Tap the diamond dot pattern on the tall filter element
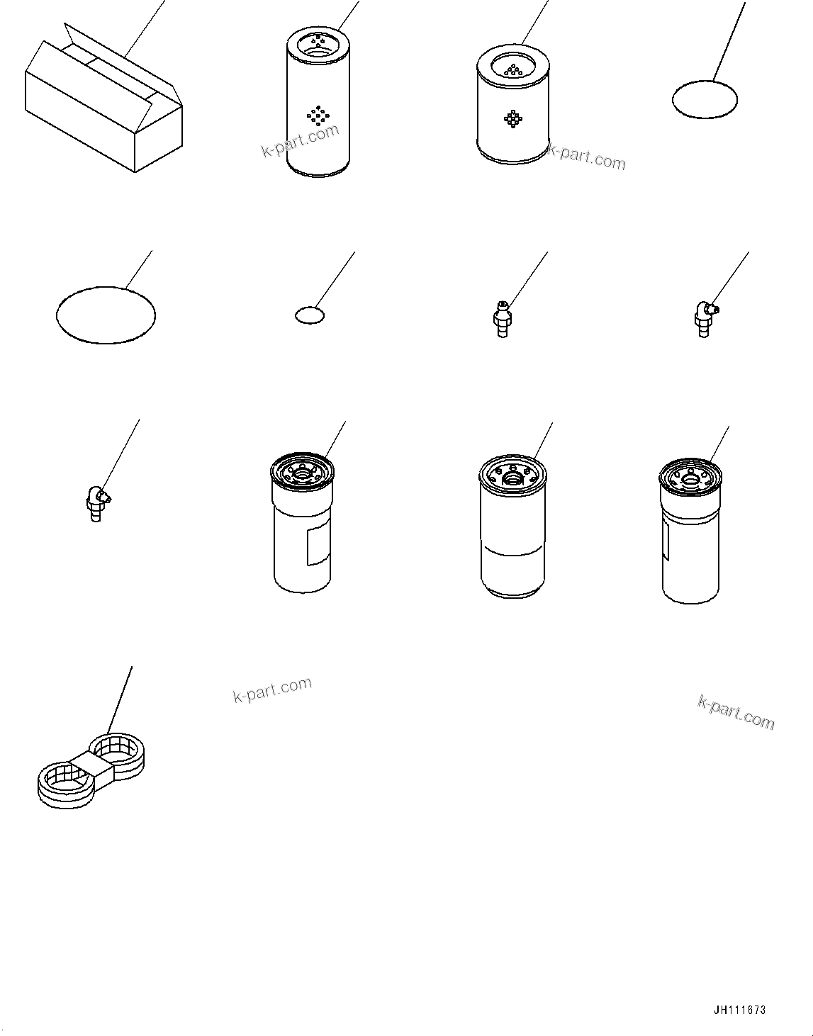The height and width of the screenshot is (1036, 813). [x=318, y=115]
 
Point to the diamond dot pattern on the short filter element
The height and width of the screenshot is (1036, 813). [x=512, y=118]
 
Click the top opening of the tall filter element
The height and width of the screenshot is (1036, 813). [x=318, y=44]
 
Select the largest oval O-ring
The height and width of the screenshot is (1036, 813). [x=106, y=315]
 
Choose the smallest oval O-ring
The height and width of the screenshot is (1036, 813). [x=308, y=315]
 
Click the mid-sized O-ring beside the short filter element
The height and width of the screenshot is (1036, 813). [x=705, y=98]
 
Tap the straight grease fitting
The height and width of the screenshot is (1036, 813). [x=502, y=320]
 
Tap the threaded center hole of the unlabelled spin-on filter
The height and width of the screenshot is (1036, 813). [x=512, y=480]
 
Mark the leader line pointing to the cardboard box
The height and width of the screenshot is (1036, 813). [x=145, y=28]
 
